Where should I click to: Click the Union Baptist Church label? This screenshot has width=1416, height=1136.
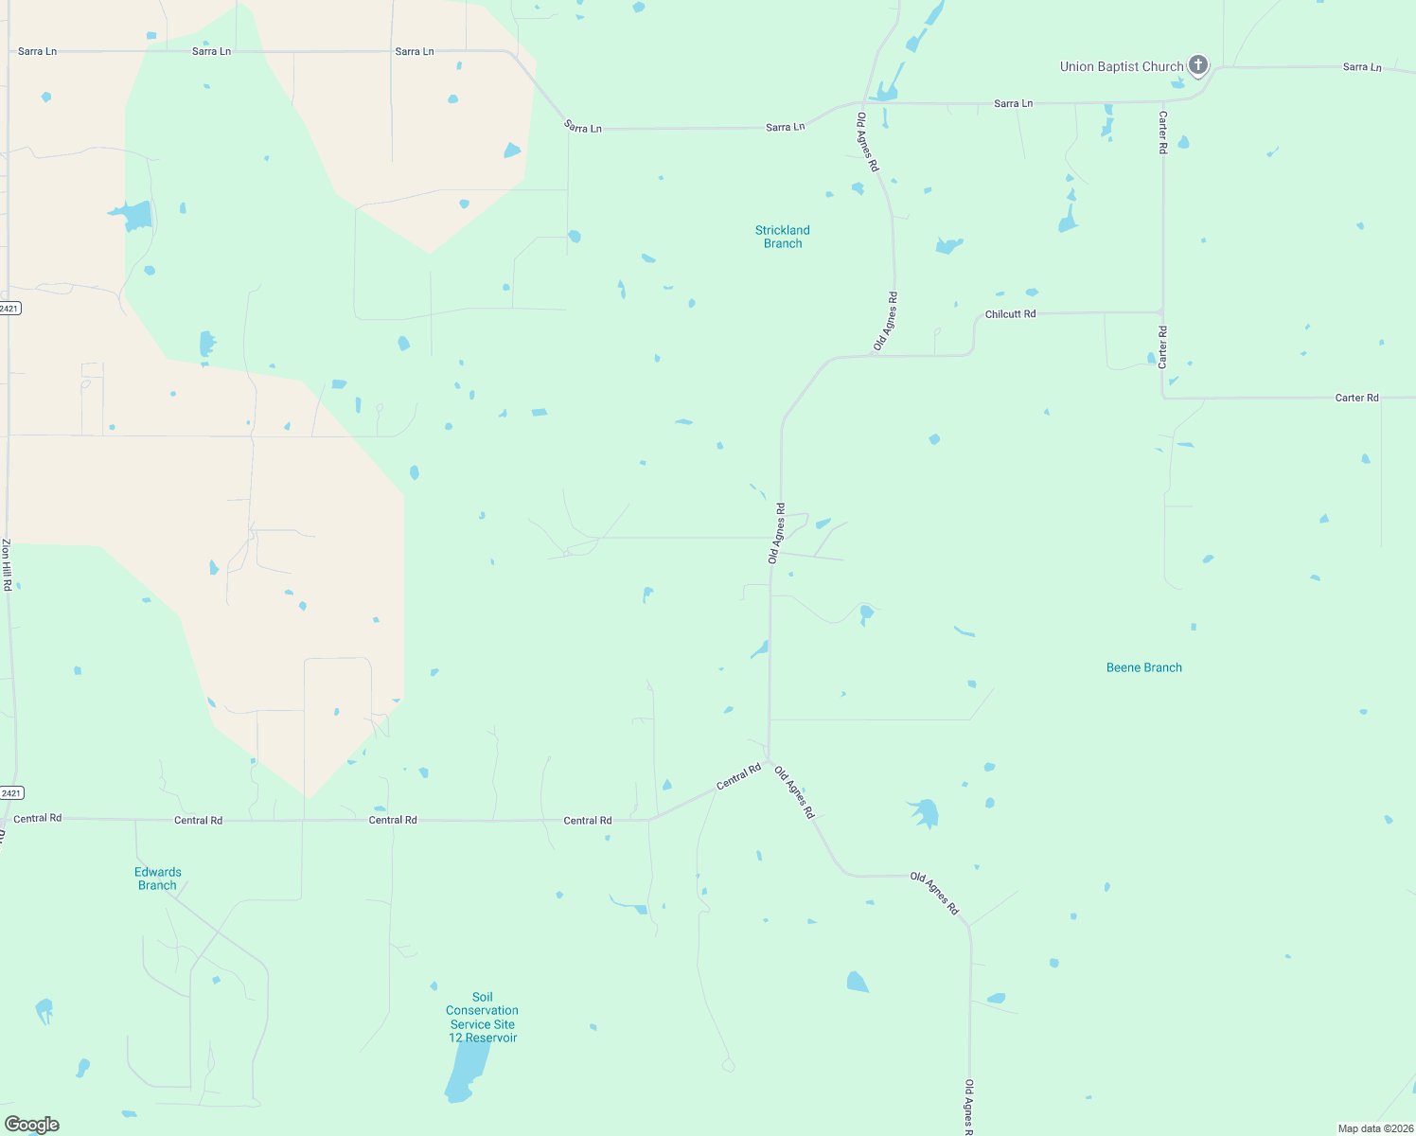pos(1121,66)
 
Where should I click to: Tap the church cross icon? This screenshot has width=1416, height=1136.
pos(1198,65)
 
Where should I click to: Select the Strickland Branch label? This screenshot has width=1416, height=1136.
pos(783,237)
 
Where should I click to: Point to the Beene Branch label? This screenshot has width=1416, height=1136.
pos(1143,667)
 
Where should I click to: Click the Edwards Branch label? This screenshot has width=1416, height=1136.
pos(158,879)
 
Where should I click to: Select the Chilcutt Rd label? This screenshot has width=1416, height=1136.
pos(1010,314)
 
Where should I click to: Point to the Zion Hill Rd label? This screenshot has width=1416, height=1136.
pos(7,565)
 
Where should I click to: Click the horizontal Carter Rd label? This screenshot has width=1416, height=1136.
pos(1356,398)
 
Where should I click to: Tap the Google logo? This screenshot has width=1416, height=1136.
pos(32,1125)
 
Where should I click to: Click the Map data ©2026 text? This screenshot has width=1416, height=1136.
pos(1374,1128)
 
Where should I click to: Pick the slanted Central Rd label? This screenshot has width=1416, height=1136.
pos(738,777)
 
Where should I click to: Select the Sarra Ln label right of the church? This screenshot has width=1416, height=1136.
pos(1361,67)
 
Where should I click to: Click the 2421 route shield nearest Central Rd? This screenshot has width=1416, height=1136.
pos(11,793)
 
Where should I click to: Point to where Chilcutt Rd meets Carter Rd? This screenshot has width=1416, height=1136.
pos(1162,311)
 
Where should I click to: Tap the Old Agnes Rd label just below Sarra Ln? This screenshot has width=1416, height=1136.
pos(867,142)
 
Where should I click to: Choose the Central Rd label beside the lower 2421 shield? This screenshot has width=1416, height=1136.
pos(38,818)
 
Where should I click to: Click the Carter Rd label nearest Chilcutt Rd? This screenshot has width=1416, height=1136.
pos(1163,346)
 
